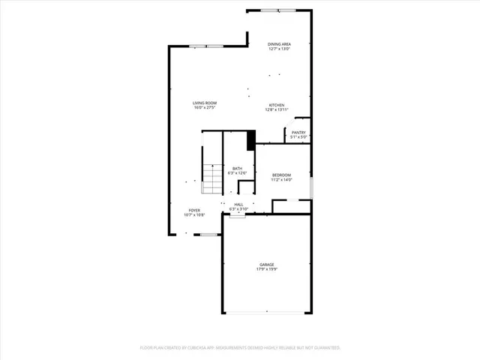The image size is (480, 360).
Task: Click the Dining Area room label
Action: point(280,44)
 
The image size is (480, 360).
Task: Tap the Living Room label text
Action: point(204,103)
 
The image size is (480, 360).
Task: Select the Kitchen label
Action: point(277,104)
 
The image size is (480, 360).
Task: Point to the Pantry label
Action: point(298,132)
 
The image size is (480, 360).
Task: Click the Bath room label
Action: point(237,168)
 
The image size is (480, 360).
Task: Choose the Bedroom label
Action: point(281,175)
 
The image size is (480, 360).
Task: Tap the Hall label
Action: point(238,204)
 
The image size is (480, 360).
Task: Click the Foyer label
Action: point(194,210)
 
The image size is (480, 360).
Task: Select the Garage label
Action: point(267,264)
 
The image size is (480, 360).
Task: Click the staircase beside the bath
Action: point(213,176)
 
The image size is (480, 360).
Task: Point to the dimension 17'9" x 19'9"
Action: point(267,269)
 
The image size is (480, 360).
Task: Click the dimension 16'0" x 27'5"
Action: point(204,108)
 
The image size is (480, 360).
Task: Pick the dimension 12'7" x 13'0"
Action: point(280,49)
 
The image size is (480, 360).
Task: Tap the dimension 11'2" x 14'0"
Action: point(281,180)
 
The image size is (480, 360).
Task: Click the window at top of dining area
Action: point(277,10)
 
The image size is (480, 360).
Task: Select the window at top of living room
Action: point(206,46)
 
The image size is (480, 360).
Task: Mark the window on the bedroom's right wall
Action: point(310,187)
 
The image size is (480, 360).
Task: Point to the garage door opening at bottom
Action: point(267,313)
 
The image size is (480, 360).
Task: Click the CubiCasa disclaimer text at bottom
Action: point(240,348)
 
